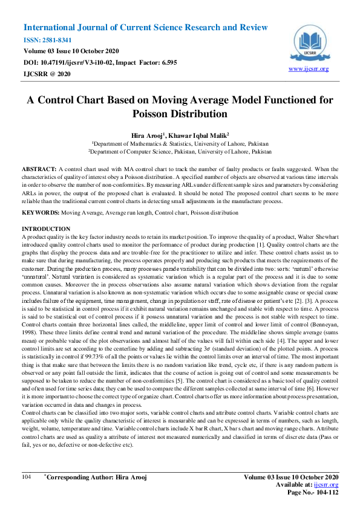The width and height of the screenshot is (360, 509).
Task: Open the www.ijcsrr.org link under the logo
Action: [309, 69]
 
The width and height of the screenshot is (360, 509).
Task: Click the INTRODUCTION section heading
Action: [47, 229]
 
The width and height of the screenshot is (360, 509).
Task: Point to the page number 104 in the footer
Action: [27, 478]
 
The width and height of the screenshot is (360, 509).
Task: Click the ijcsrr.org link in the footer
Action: [329, 485]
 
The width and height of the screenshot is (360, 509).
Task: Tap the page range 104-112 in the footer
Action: [326, 493]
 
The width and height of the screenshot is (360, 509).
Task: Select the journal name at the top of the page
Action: [145, 28]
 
